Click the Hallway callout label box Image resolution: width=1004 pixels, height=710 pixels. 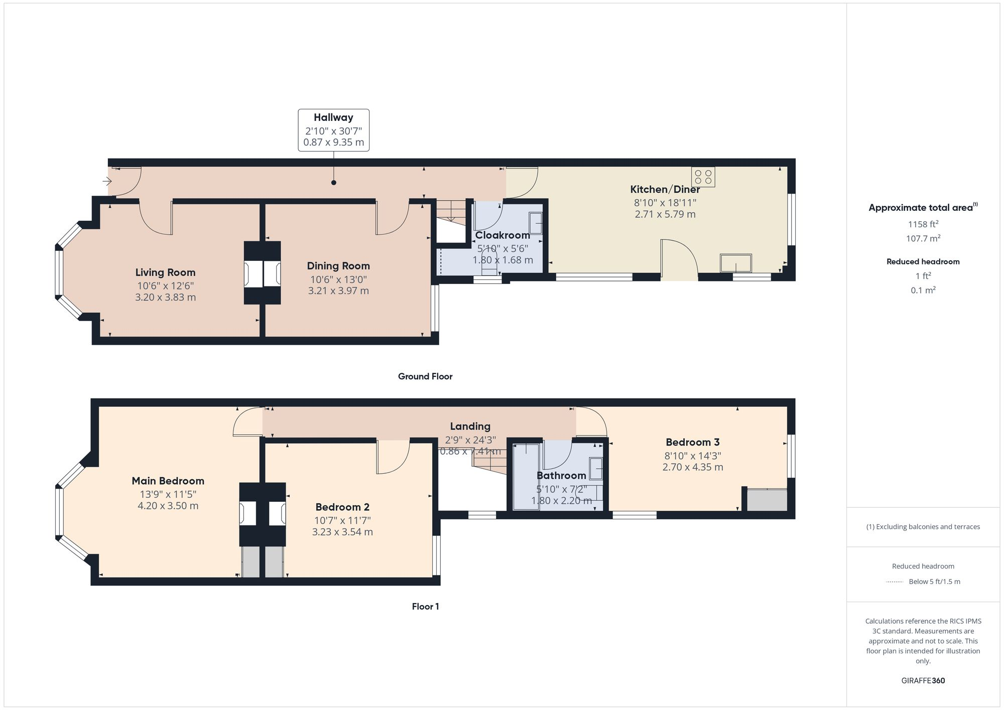pyautogui.click(x=333, y=130)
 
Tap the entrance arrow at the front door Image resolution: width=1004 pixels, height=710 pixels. pyautogui.click(x=107, y=181)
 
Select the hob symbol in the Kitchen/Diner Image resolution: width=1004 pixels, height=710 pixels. pyautogui.click(x=703, y=177)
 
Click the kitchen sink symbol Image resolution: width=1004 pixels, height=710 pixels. pyautogui.click(x=736, y=263)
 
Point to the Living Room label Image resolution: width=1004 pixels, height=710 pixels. pyautogui.click(x=165, y=272)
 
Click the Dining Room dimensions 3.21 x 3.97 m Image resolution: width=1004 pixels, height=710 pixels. pyautogui.click(x=338, y=291)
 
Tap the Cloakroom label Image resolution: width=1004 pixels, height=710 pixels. pyautogui.click(x=503, y=235)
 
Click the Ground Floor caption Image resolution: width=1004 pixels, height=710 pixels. pyautogui.click(x=425, y=376)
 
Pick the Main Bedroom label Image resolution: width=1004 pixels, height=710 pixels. pyautogui.click(x=168, y=481)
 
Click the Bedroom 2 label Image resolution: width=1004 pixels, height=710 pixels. pyautogui.click(x=342, y=507)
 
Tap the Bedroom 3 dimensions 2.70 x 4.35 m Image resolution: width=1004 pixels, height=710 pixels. pyautogui.click(x=693, y=467)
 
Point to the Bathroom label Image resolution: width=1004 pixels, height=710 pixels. pyautogui.click(x=561, y=475)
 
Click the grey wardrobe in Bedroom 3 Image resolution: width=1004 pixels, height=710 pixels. pyautogui.click(x=767, y=500)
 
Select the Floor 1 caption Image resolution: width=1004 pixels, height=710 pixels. pyautogui.click(x=425, y=606)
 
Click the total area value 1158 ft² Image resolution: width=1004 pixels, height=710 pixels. pyautogui.click(x=923, y=224)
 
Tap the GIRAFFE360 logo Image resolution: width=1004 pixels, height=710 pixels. pyautogui.click(x=923, y=680)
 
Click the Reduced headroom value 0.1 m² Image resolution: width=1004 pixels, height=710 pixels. pyautogui.click(x=923, y=290)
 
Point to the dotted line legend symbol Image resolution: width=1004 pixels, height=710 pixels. pyautogui.click(x=895, y=582)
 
